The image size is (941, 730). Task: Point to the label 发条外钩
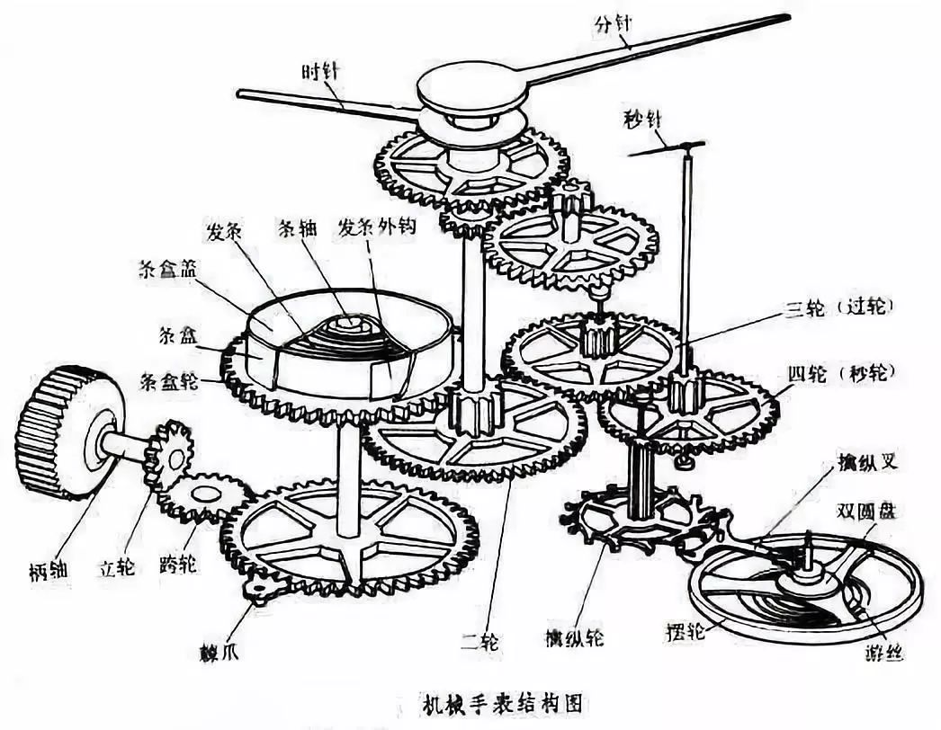click(x=375, y=228)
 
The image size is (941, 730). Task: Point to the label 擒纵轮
click(x=574, y=639)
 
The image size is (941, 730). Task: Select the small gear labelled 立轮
click(x=168, y=453)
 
